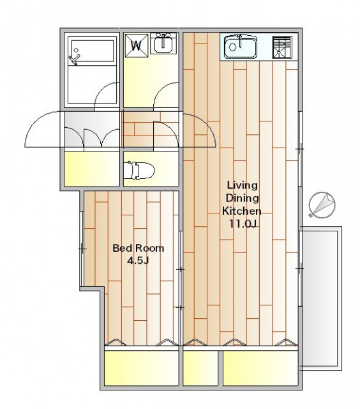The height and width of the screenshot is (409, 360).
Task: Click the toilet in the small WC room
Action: click(x=139, y=171)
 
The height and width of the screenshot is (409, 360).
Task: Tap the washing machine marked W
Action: click(x=136, y=45)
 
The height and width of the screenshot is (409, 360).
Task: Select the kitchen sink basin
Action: click(x=241, y=47)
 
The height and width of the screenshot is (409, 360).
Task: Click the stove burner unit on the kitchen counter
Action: click(x=281, y=47)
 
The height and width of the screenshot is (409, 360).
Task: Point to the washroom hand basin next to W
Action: click(x=163, y=43)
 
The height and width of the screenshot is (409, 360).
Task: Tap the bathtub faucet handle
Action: click(x=74, y=59)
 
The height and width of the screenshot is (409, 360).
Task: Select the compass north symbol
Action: click(x=322, y=204)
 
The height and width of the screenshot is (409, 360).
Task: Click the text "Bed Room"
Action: click(x=138, y=248)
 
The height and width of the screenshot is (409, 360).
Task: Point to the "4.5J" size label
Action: click(x=138, y=261)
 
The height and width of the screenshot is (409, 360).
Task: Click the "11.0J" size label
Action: click(x=243, y=224)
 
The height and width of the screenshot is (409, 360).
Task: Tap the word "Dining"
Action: click(x=243, y=198)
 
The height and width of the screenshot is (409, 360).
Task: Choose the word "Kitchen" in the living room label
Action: click(x=241, y=211)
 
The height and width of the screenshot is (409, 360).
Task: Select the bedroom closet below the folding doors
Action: click(x=142, y=368)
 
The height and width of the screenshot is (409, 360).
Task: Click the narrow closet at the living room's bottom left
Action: click(x=200, y=368)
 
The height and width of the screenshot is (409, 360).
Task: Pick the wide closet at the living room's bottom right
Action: click(x=260, y=368)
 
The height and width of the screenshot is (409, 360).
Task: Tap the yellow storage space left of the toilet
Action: click(x=92, y=169)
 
